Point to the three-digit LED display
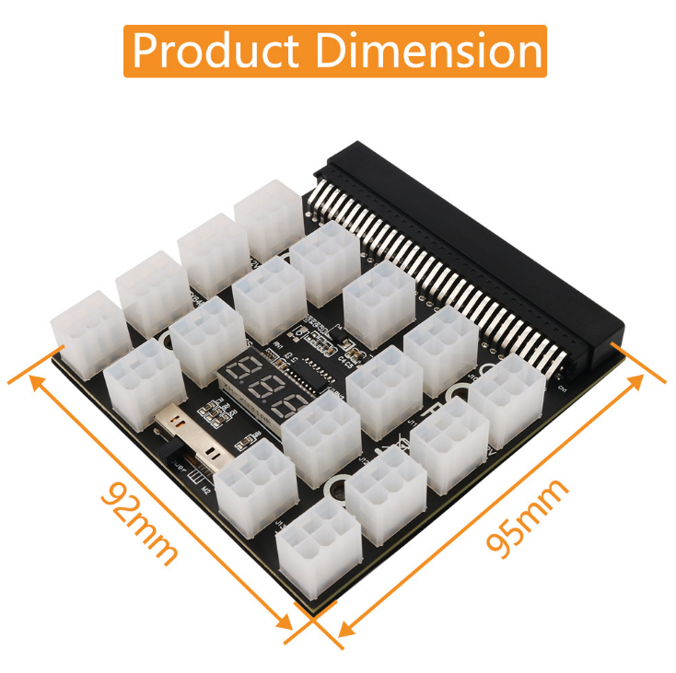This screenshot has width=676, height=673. (x=262, y=389)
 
